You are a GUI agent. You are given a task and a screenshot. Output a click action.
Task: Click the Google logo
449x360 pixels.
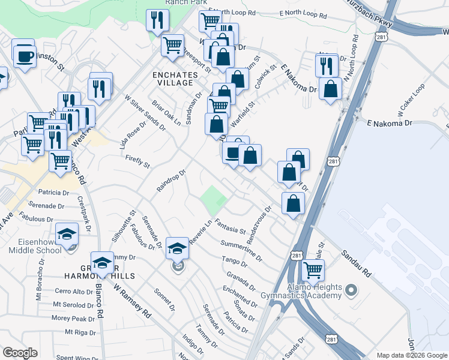[20, 353]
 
